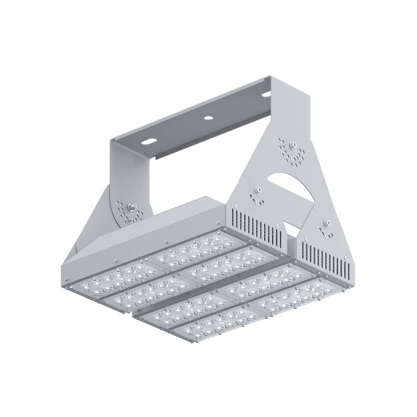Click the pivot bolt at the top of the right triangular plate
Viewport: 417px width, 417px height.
point(292,145)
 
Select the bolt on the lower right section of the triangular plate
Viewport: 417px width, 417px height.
point(325,224)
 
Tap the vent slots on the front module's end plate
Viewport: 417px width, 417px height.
point(324,257)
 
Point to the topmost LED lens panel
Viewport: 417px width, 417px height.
point(190,246)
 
